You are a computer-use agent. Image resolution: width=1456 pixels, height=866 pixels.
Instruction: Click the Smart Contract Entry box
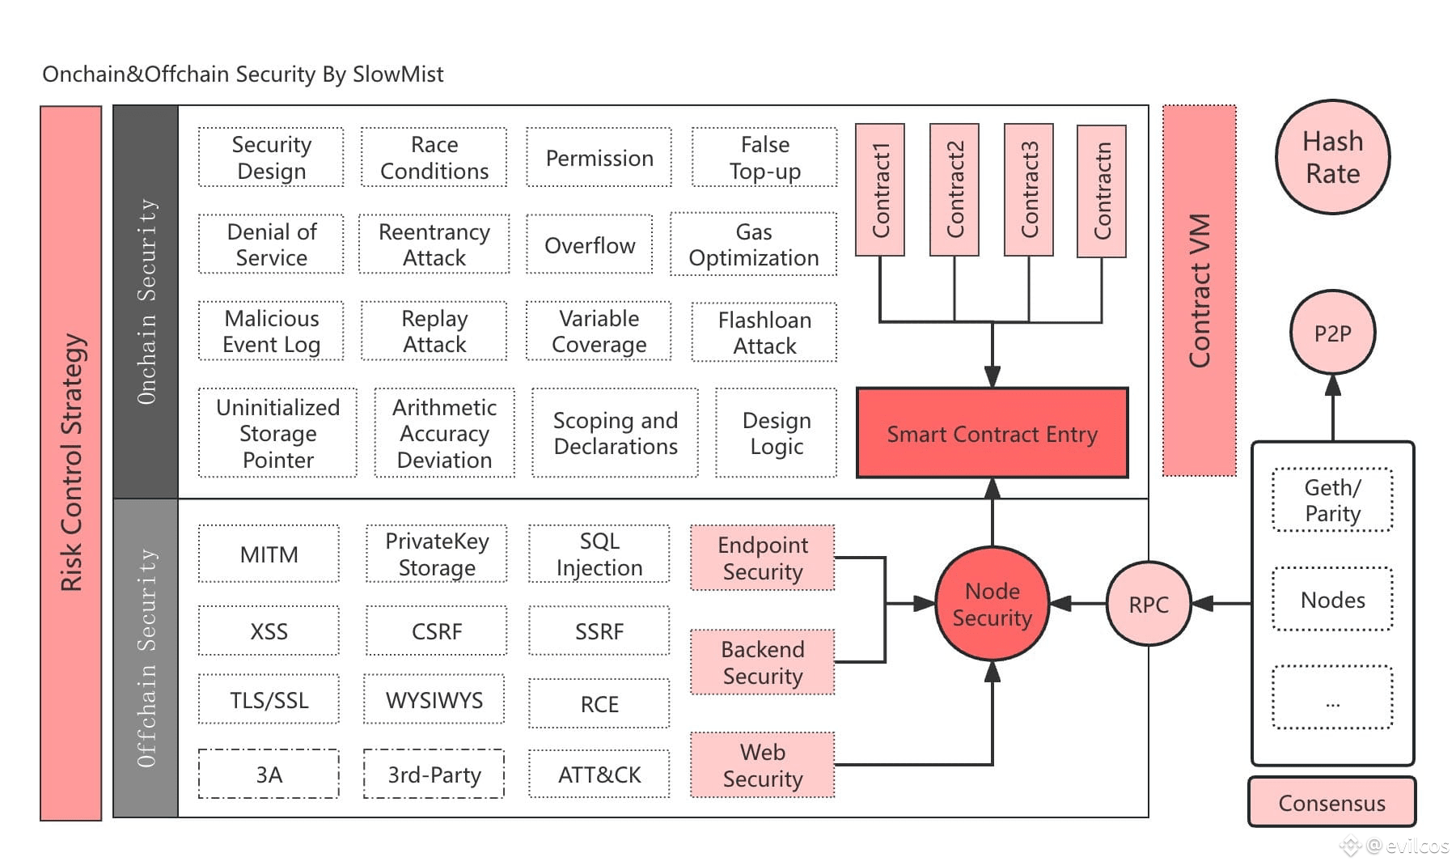coord(992,433)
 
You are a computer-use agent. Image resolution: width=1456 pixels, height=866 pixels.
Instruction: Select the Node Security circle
coord(992,604)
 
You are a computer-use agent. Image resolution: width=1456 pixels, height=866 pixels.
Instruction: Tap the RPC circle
coord(1149,604)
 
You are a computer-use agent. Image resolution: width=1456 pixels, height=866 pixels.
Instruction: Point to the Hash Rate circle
coord(1332,158)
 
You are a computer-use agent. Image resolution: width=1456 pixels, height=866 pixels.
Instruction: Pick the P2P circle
coord(1332,333)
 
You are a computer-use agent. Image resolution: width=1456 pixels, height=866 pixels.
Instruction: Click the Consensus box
coord(1331,802)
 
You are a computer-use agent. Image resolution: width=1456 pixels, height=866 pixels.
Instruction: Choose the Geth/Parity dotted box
coord(1332,500)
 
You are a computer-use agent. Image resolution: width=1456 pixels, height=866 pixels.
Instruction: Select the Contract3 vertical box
coord(1028,190)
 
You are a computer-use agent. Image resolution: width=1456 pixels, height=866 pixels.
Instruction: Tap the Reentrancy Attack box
coord(434,244)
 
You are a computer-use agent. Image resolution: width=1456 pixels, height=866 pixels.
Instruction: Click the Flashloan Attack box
coord(764,333)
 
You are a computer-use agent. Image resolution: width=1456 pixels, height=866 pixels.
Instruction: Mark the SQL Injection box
coord(599,554)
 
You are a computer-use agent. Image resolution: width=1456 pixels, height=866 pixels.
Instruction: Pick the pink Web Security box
coord(762,765)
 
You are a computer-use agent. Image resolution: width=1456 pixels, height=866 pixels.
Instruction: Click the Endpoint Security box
coord(762,558)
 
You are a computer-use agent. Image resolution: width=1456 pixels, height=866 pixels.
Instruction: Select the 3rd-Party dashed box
coord(434,775)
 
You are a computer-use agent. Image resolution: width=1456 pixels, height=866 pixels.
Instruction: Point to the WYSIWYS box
coord(434,700)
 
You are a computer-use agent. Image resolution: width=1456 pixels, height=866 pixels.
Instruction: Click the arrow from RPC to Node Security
coord(1078,604)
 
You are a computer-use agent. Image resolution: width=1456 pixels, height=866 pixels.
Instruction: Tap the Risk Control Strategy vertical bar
coord(71,463)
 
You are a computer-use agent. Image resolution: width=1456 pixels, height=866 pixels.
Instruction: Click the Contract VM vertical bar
coord(1199,290)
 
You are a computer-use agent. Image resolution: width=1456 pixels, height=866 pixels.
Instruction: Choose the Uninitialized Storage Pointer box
coord(277,433)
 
